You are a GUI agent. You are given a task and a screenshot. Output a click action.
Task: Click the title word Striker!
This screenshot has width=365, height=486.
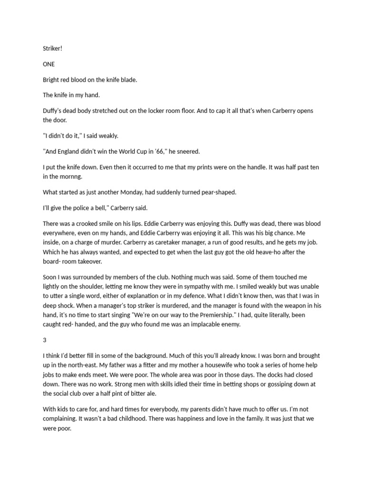(x=52, y=49)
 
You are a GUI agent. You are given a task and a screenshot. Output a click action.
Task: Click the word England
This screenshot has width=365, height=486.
(x=71, y=151)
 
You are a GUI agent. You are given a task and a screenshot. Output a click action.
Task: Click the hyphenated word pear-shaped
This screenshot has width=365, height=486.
(x=216, y=192)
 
